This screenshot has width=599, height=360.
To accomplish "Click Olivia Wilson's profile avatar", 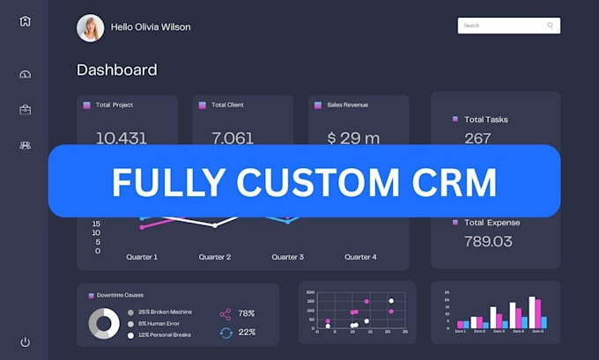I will tap(90, 27).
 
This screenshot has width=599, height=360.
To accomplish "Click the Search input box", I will tap(502, 26).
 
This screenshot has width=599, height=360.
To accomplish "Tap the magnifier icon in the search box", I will tap(551, 26).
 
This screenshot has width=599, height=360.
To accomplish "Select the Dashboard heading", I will tap(116, 70).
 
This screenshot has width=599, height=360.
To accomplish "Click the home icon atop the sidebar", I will tap(25, 21).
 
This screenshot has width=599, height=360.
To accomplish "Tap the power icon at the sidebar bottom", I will tap(25, 342).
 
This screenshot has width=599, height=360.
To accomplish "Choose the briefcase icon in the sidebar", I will tap(25, 110).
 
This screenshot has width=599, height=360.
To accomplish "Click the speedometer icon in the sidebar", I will tap(25, 75).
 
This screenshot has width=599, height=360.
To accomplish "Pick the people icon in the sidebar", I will tap(25, 145).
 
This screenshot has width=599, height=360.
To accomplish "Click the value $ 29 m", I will tap(353, 137).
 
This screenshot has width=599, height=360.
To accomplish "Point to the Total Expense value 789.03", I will tap(489, 241).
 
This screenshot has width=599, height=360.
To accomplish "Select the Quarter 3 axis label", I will tap(287, 257).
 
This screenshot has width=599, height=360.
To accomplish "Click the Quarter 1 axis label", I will tap(141, 257).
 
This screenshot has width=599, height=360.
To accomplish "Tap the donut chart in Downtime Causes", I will tap(104, 324).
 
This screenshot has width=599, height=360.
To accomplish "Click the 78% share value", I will tap(247, 313).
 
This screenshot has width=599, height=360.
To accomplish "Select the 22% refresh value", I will tap(247, 332).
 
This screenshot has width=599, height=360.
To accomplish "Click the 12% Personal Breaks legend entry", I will tap(163, 335).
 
